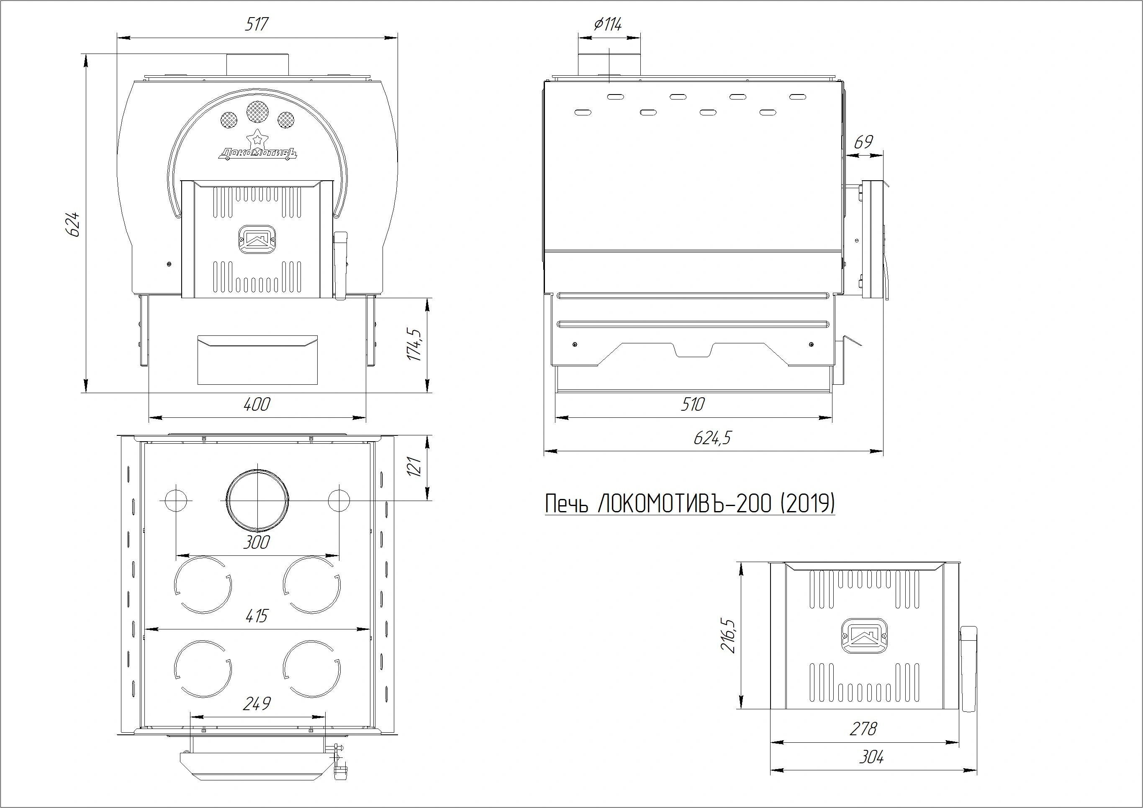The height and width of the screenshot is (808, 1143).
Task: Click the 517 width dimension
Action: pos(257,24)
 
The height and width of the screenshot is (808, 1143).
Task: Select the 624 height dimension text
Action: pos(73,225)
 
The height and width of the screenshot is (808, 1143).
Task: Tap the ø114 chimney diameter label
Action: pos(608,24)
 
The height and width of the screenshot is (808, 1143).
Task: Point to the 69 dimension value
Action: pos(863,142)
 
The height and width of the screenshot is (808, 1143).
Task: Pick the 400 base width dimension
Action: pos(257,404)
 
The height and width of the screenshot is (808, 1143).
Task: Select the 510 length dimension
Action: pos(693,404)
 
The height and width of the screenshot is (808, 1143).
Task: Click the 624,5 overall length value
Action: pos(712,438)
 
